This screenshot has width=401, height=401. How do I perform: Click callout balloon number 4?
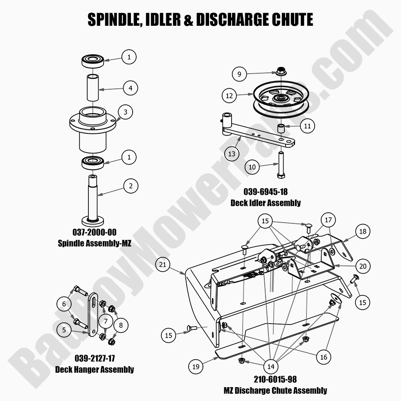130,88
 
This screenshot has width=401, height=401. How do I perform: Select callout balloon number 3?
125,111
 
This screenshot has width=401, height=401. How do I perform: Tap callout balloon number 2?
131,187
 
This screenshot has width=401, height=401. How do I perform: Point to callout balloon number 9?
239,74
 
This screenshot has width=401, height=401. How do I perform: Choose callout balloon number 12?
229,96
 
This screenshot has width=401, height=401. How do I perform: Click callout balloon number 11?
308,126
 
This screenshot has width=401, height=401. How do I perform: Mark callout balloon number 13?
232,154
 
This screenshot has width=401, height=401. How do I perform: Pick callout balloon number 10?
252,167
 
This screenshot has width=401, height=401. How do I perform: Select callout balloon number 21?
163,265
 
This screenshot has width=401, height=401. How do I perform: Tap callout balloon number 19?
196,366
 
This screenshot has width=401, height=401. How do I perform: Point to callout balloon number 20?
363,266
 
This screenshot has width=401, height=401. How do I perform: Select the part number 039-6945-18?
265,191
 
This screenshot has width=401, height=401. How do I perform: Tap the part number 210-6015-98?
275,379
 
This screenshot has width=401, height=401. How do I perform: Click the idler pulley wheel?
281,99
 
